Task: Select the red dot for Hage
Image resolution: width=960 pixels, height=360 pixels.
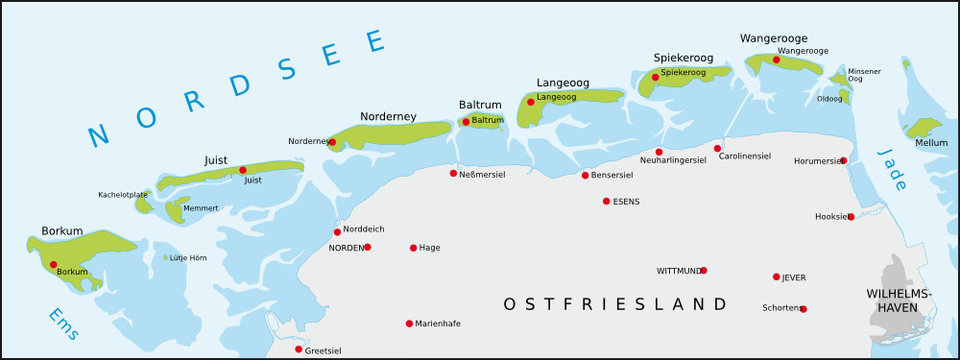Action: [413, 248]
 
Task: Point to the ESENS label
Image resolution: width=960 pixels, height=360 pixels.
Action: [627, 201]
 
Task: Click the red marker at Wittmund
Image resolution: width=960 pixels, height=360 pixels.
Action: [703, 270]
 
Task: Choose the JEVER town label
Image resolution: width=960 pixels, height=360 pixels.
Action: [795, 277]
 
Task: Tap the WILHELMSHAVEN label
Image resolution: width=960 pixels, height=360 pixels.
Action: [899, 300]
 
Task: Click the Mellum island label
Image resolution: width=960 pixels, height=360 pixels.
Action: [931, 142]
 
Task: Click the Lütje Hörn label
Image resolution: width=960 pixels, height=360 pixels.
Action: [189, 258]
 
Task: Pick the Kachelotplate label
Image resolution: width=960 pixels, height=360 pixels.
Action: [123, 194]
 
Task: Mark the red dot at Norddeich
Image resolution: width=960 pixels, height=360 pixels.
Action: [337, 232]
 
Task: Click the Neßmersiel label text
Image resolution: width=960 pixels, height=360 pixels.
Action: [482, 173]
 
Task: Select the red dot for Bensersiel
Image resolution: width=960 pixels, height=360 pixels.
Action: [585, 176]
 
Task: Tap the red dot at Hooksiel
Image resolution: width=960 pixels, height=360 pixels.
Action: [850, 217]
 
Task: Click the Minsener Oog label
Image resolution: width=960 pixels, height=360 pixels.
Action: [864, 75]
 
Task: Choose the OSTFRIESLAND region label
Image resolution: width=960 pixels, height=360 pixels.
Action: [615, 303]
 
